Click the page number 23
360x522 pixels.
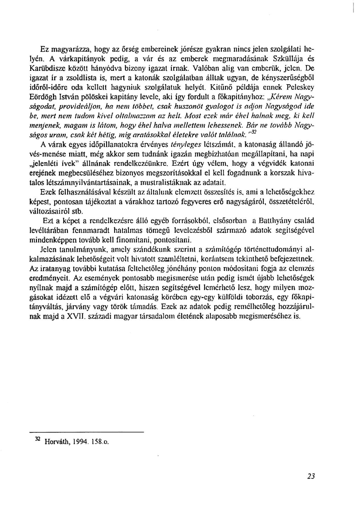[311, 476]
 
